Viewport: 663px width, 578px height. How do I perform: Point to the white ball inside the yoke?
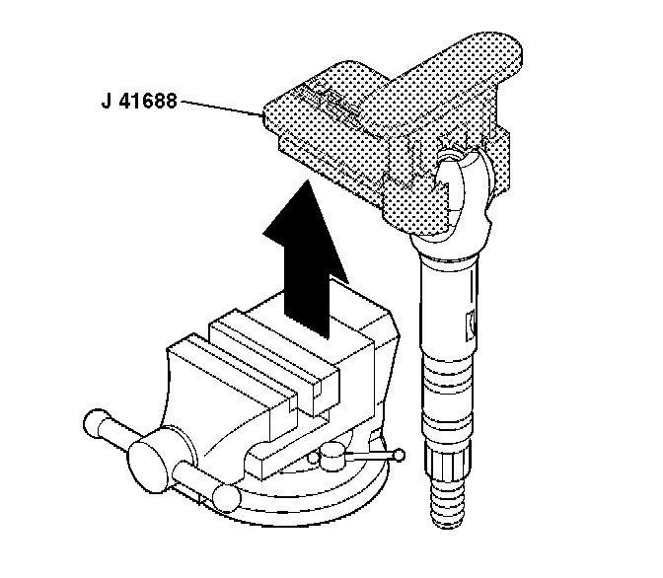[x=456, y=162]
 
